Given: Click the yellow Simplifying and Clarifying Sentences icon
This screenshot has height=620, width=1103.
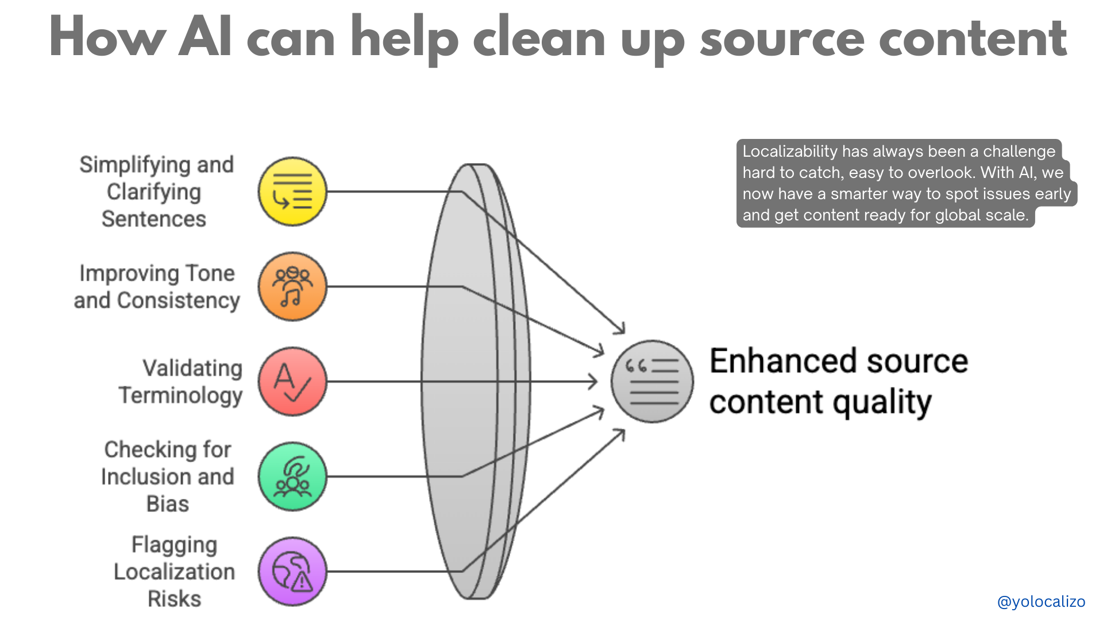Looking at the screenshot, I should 292,192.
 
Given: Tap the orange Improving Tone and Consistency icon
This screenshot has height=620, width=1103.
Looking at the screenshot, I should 292,286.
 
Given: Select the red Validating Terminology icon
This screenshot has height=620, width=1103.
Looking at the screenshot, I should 292,382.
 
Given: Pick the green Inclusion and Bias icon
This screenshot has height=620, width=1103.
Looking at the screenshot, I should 292,476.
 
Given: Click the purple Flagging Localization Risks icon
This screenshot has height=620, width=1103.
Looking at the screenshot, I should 292,572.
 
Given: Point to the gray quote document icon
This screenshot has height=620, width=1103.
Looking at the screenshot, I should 652,382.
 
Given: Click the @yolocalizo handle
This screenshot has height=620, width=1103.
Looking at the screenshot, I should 1041,602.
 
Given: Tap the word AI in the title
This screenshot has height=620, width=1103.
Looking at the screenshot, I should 205,38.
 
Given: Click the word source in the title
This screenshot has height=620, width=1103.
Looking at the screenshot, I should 782,39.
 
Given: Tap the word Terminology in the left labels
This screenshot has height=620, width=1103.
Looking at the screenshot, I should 180,396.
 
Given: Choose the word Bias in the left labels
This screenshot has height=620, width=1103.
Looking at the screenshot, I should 168,504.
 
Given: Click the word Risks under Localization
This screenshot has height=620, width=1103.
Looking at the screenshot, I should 175,599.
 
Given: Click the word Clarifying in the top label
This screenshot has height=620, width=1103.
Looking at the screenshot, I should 154,192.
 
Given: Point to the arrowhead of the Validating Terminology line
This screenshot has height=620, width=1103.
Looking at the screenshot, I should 594,382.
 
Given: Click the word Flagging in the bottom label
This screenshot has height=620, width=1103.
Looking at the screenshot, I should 175,545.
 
